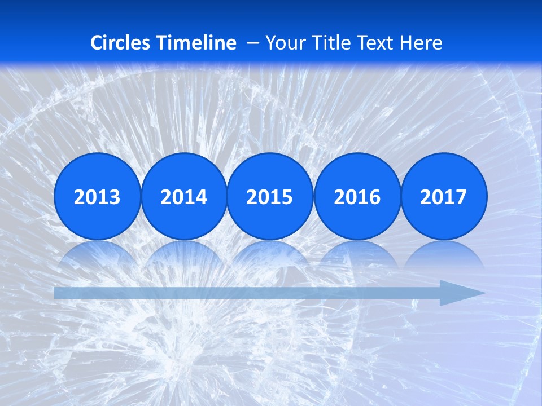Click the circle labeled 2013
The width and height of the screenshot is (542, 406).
pos(97,196)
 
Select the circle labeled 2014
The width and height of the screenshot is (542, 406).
pos(183,196)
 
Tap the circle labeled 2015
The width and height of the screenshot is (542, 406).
pos(270,196)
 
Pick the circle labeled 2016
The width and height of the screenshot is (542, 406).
pos(357,196)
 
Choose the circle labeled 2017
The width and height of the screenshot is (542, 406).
pos(444,196)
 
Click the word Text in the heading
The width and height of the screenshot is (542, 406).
pos(378,43)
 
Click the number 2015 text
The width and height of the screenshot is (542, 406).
pos(270,197)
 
